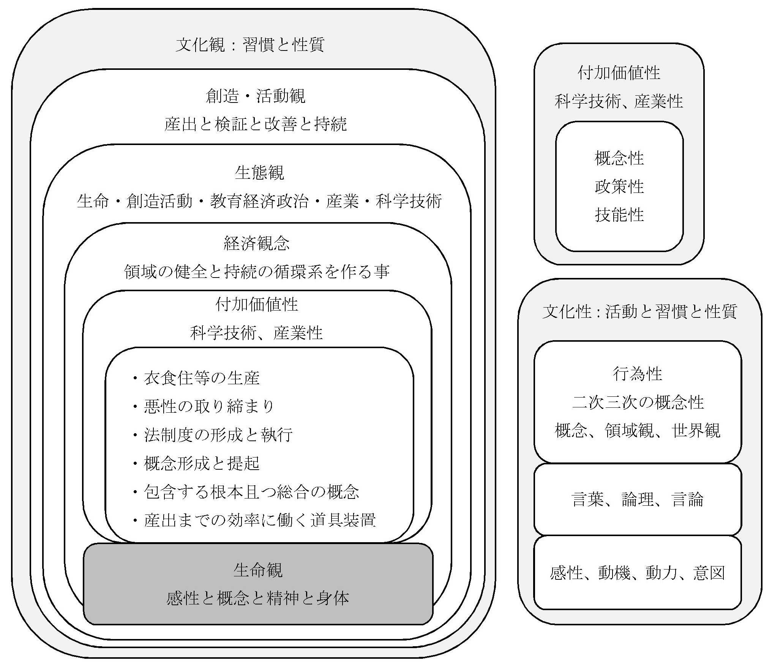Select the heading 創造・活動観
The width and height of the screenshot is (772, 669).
(255, 96)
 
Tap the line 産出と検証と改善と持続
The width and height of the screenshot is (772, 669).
(255, 124)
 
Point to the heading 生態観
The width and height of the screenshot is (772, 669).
(259, 173)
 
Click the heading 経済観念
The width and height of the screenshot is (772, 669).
(257, 243)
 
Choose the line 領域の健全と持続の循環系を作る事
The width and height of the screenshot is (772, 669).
(257, 272)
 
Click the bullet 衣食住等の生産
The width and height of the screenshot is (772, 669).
(201, 378)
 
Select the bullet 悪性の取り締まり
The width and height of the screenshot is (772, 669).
(208, 407)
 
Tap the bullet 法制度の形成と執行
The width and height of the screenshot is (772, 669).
(218, 435)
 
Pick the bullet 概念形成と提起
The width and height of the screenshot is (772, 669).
(201, 463)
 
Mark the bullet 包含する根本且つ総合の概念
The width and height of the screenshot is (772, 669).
(251, 492)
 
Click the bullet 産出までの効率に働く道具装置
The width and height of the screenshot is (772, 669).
(260, 520)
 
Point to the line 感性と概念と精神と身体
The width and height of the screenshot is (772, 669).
(258, 598)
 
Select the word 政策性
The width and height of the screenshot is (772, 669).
(619, 186)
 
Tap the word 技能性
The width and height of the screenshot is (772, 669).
(619, 215)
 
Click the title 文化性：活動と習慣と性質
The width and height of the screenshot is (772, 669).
(639, 312)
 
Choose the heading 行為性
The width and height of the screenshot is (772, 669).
(638, 374)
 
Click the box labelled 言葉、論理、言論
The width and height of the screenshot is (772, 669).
(638, 499)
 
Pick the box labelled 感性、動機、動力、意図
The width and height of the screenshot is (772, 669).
(638, 573)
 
